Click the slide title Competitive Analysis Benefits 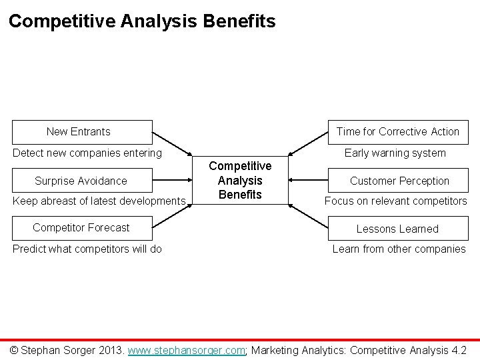pos(142,21)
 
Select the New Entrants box pos(79,132)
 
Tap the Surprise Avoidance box pos(81,181)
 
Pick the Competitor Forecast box pos(81,228)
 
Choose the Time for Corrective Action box pos(397,132)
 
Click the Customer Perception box pos(399,181)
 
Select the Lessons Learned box pos(397,229)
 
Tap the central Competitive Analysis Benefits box pos(241,180)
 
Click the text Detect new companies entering pos(87,153)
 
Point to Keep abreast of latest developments pos(99,201)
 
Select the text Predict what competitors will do pos(87,249)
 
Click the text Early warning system pos(395,153)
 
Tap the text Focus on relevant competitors pos(395,201)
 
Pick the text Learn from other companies pos(399,249)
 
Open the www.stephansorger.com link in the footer pos(187,350)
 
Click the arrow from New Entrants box pos(172,145)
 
